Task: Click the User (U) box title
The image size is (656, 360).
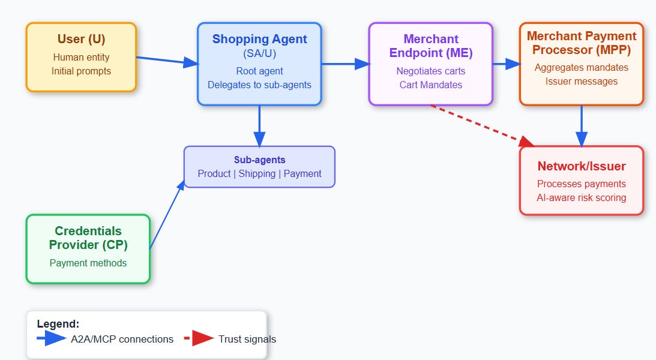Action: pyautogui.click(x=81, y=40)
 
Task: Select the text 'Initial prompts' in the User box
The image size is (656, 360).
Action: pyautogui.click(x=81, y=71)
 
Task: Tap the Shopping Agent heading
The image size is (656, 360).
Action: pyautogui.click(x=259, y=40)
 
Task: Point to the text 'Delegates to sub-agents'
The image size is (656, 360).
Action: pyautogui.click(x=259, y=85)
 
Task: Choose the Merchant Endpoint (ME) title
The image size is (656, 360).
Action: pyautogui.click(x=430, y=46)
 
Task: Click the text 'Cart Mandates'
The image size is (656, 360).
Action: pyautogui.click(x=430, y=85)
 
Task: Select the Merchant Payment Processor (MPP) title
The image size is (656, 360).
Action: pyautogui.click(x=581, y=43)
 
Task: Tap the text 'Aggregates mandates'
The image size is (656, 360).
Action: pyautogui.click(x=581, y=67)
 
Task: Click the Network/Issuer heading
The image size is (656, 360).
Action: pyautogui.click(x=581, y=166)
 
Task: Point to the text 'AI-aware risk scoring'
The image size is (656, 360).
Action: pyautogui.click(x=581, y=197)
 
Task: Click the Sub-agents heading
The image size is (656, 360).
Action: pyautogui.click(x=259, y=160)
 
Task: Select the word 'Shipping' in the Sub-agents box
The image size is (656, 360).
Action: pyautogui.click(x=259, y=173)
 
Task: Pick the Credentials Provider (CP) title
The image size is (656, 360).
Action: pyautogui.click(x=88, y=238)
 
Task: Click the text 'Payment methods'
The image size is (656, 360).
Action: pyautogui.click(x=88, y=263)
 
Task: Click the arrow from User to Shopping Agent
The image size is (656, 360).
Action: pyautogui.click(x=166, y=61)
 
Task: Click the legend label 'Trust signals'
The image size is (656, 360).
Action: pyautogui.click(x=247, y=339)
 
